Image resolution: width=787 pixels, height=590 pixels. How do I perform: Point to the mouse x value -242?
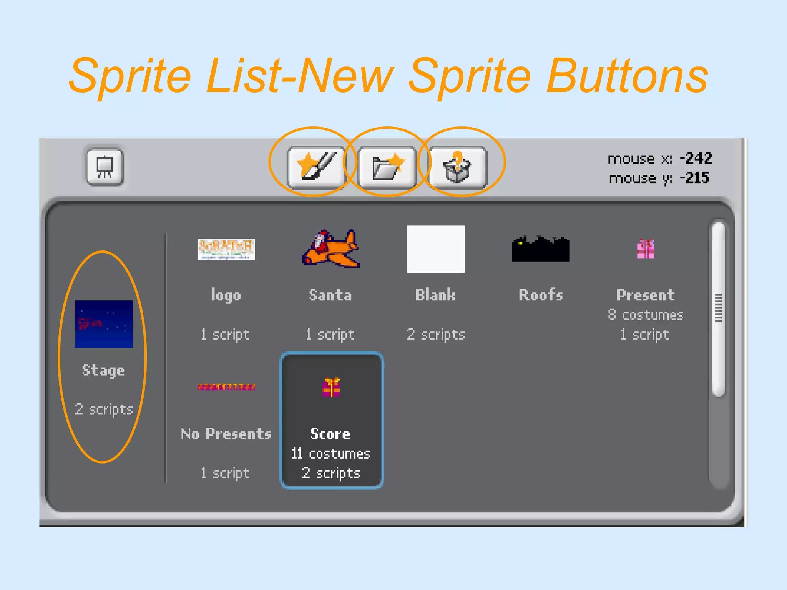[x=696, y=158]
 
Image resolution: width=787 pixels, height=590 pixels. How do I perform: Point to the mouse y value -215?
[x=695, y=178]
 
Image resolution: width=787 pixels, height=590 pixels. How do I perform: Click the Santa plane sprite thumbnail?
[x=331, y=249]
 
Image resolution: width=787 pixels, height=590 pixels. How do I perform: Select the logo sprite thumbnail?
[x=226, y=249]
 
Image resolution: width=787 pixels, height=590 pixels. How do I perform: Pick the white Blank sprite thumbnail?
[x=436, y=249]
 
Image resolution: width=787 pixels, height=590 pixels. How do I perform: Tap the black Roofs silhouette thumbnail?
[x=541, y=249]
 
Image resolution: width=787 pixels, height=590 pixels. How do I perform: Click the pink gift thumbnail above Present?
[x=646, y=249]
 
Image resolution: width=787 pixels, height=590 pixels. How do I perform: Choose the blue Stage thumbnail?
[x=104, y=324]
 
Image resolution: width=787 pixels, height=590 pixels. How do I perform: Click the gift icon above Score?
[x=331, y=387]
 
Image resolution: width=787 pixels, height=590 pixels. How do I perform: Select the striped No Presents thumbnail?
[x=226, y=387]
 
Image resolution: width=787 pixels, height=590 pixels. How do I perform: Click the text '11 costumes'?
[x=330, y=454]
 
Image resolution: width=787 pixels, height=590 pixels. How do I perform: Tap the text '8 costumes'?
[x=646, y=315]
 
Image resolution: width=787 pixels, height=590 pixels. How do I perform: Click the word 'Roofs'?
[x=541, y=295]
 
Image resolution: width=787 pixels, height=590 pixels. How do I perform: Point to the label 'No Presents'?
[x=226, y=434]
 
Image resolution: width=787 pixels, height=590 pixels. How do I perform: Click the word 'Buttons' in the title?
[x=627, y=76]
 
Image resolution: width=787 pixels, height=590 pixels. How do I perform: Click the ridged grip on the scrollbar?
[x=718, y=308]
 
